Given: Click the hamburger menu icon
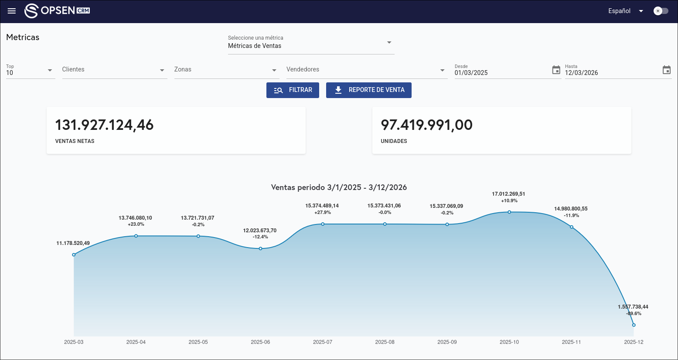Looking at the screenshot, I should click(x=12, y=11).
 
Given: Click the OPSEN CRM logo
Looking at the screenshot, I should click(x=57, y=11).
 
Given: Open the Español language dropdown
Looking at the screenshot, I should click(x=626, y=11).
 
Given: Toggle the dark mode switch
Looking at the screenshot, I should click(x=661, y=11).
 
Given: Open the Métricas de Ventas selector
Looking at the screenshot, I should click(x=311, y=43).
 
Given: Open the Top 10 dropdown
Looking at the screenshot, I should click(x=30, y=70).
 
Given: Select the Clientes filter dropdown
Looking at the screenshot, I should click(x=114, y=70).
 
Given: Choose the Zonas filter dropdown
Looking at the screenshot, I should click(x=226, y=70).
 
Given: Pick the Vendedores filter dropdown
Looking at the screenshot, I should click(x=366, y=70).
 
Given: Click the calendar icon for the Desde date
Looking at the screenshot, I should click(x=556, y=70).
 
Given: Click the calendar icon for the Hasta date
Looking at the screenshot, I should click(x=666, y=70).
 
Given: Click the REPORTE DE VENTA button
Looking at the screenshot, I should click(x=368, y=90).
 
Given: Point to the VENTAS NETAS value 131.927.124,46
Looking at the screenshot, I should click(x=104, y=125).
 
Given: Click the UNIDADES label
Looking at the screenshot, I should click(x=394, y=141).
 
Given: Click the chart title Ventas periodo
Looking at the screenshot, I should click(x=339, y=187).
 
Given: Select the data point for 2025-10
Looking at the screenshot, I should click(x=509, y=212).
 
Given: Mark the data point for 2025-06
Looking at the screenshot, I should click(x=260, y=248).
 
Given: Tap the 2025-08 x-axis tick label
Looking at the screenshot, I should click(x=385, y=342).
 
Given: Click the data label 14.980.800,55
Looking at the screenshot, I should click(x=571, y=209).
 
